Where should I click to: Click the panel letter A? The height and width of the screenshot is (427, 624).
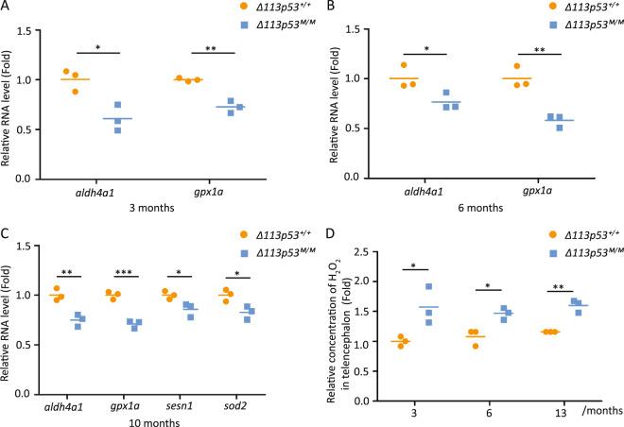coord(6,7)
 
